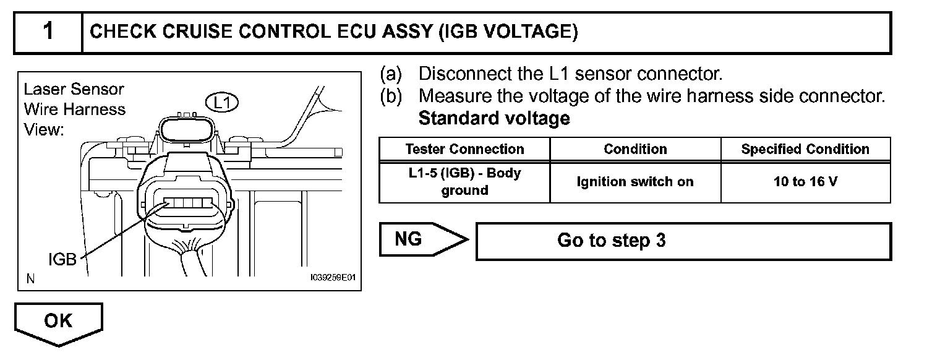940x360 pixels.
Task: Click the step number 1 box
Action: tap(48, 32)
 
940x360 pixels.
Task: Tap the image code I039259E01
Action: tap(333, 279)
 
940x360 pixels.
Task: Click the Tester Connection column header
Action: tap(464, 149)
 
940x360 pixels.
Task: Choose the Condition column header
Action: tap(635, 149)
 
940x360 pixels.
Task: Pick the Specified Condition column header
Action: tap(805, 149)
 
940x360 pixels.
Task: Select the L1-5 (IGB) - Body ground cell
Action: tap(464, 182)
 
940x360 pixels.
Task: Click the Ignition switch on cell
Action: tap(635, 182)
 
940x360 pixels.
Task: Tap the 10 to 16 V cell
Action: tap(805, 182)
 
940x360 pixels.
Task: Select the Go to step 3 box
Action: tap(683, 241)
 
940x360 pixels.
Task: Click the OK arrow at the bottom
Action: tap(58, 322)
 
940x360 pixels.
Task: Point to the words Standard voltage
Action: tap(494, 118)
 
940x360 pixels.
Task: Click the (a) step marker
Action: tap(390, 74)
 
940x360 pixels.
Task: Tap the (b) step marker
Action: tap(390, 96)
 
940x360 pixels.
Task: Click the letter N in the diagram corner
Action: tap(30, 279)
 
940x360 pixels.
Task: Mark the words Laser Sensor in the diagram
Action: tap(74, 89)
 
